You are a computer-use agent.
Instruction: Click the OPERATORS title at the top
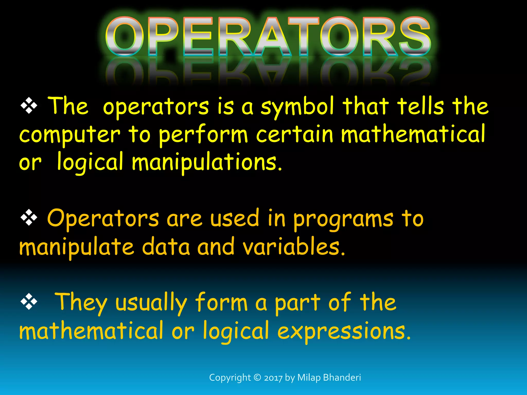pos(268,36)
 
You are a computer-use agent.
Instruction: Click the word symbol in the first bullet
pos(297,107)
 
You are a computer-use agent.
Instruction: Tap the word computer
pos(69,135)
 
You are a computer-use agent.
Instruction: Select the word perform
pos(203,135)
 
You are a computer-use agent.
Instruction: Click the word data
pos(166,247)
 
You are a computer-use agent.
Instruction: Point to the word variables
pos(293,247)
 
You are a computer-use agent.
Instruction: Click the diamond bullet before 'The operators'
pos(29,106)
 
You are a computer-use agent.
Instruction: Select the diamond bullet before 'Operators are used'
pos(29,218)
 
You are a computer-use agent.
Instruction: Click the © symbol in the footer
pos(257,378)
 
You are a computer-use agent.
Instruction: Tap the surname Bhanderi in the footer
pos(342,378)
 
